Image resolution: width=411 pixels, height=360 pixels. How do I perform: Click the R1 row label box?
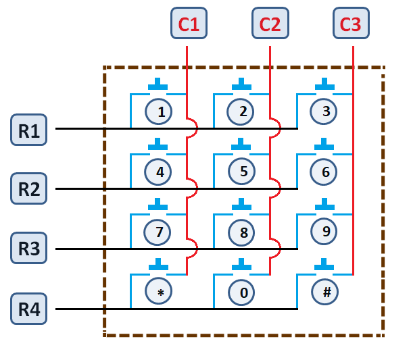[x=28, y=129]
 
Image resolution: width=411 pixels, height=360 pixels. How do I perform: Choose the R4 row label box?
[x=28, y=311]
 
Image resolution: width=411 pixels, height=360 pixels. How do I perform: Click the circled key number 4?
[x=160, y=172]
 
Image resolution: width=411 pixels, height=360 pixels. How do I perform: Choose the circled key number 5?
[x=242, y=172]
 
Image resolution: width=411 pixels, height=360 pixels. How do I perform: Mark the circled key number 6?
[x=325, y=172]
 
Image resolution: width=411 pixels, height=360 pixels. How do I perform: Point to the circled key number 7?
[x=160, y=232]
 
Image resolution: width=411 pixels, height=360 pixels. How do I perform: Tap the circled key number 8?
[x=242, y=232]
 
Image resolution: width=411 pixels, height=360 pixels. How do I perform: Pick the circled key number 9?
[x=325, y=232]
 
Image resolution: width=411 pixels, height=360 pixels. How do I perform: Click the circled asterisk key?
[x=160, y=292]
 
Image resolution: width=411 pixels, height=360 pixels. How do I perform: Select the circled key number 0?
[x=242, y=292]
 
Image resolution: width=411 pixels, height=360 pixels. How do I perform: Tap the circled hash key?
[x=325, y=292]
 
